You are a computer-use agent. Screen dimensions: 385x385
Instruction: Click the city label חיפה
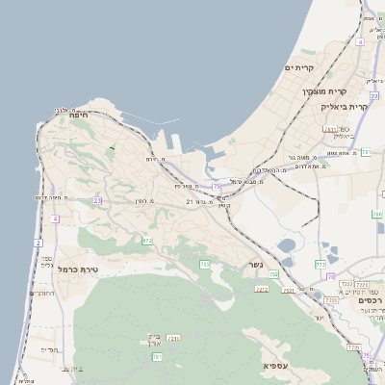click(79, 114)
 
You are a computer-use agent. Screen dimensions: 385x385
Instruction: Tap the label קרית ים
click(301, 68)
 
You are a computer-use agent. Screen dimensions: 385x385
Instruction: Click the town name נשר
click(255, 264)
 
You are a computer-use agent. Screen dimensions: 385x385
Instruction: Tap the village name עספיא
click(276, 366)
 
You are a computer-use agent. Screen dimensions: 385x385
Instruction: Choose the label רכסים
click(369, 300)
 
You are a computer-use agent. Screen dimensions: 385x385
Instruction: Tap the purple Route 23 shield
click(97, 200)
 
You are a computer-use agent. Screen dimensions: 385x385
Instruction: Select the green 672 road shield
click(146, 241)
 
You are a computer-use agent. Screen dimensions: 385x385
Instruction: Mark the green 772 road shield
click(321, 263)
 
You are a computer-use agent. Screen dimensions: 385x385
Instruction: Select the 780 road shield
click(274, 275)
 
